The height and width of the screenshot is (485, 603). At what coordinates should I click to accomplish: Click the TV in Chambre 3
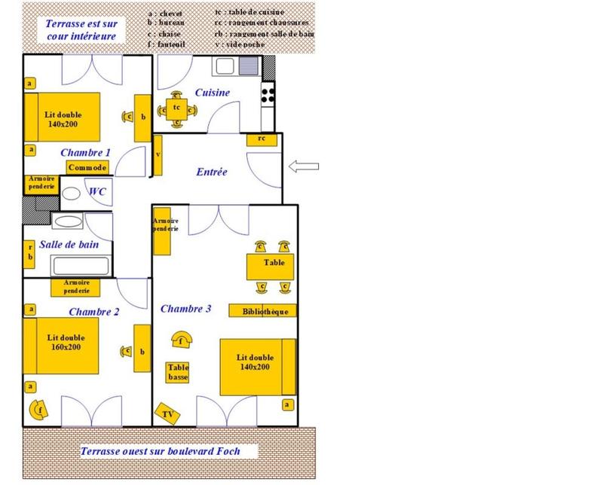(167, 414)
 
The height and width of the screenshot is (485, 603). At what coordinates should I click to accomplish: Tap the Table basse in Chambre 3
(178, 371)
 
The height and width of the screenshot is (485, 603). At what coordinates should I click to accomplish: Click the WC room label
(97, 192)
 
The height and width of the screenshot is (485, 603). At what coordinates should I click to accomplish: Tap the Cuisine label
(212, 93)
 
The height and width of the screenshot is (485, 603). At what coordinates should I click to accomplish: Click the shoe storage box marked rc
(261, 139)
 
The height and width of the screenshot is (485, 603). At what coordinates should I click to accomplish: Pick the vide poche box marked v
(158, 154)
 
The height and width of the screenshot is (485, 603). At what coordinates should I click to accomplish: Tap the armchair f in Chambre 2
(37, 409)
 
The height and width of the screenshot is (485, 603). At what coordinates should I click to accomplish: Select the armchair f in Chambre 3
(181, 340)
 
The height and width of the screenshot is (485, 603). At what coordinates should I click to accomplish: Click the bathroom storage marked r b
(30, 252)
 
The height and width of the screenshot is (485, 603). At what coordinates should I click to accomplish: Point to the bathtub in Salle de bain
(81, 266)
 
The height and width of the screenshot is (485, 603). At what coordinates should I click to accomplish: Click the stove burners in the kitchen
(268, 94)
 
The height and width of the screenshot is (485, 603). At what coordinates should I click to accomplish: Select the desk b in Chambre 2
(141, 349)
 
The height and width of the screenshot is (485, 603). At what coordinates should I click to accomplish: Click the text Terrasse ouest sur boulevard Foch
(168, 452)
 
